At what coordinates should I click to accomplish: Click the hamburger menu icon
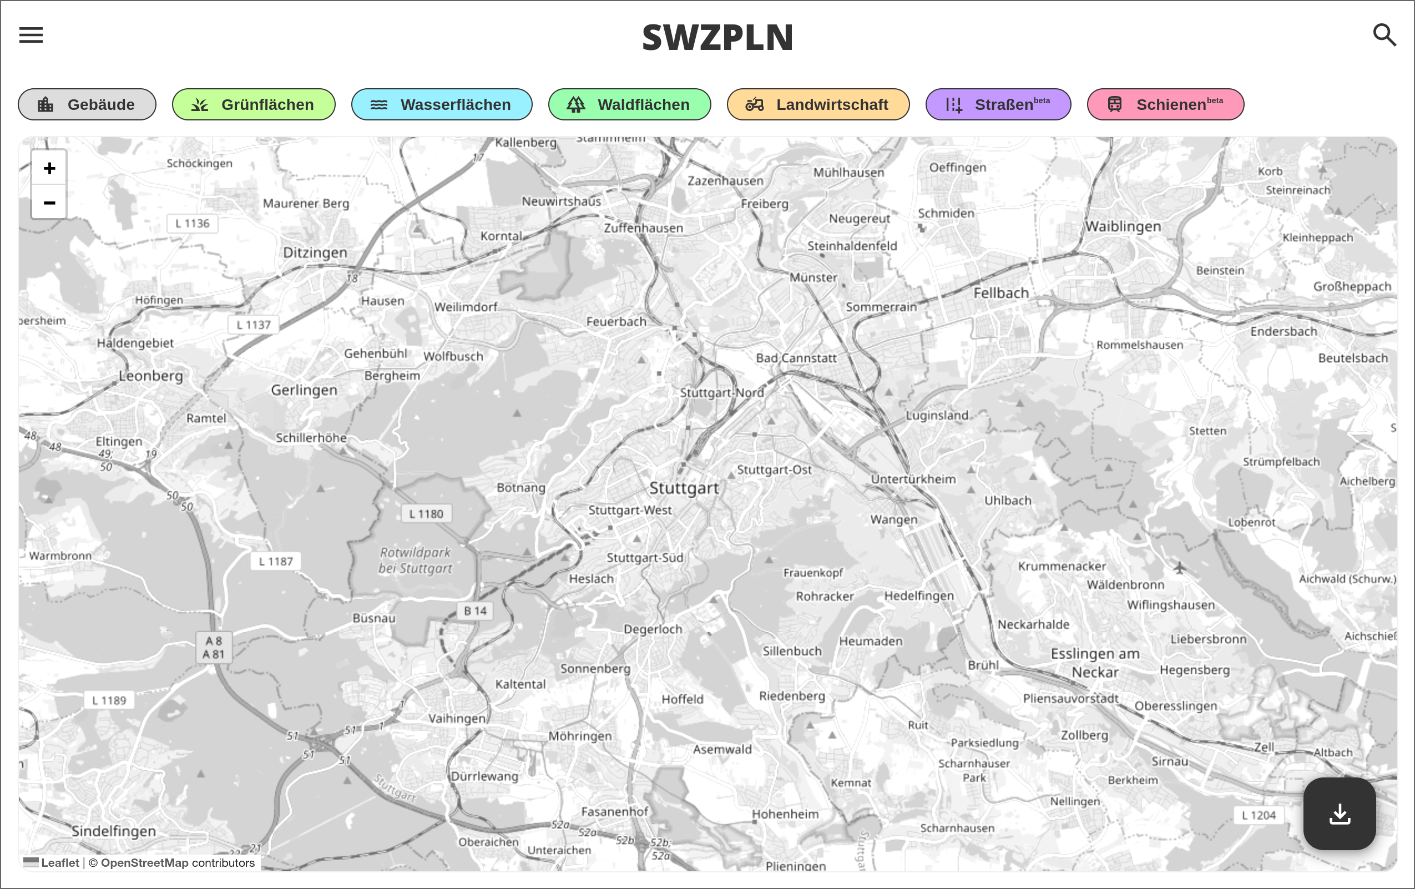click(x=31, y=36)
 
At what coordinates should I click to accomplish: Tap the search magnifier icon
click(x=1384, y=36)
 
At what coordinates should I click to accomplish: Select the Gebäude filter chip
click(x=87, y=104)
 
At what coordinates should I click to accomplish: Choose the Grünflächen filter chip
click(x=254, y=104)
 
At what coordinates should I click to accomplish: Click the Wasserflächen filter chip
click(x=442, y=104)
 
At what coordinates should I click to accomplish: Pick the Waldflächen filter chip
click(x=629, y=104)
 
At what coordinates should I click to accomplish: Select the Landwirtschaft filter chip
click(x=818, y=104)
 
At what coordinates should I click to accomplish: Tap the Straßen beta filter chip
click(x=998, y=104)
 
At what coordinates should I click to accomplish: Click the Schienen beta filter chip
click(x=1165, y=104)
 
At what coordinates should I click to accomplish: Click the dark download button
click(x=1339, y=814)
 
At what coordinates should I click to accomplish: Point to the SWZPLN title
click(x=717, y=38)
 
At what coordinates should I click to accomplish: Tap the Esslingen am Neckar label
click(x=1095, y=663)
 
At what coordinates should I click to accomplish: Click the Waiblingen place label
click(x=1123, y=226)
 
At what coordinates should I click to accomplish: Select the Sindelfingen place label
click(x=114, y=831)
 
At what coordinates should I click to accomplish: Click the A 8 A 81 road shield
click(x=214, y=648)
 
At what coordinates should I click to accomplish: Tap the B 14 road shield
click(x=475, y=611)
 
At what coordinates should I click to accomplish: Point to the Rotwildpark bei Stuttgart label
click(x=416, y=560)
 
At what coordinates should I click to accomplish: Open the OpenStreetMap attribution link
click(x=145, y=862)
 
